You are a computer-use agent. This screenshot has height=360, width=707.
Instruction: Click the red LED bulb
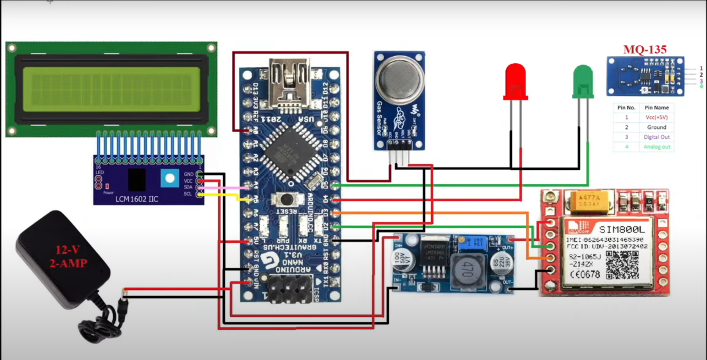click(515, 81)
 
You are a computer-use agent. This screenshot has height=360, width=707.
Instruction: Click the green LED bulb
click(583, 81)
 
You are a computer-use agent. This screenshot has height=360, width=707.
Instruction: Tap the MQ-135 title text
click(645, 49)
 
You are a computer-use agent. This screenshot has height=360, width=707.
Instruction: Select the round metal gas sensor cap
click(400, 80)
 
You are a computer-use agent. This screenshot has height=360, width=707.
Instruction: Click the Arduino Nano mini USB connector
click(289, 84)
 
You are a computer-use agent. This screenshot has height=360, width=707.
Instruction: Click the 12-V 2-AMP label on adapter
click(68, 256)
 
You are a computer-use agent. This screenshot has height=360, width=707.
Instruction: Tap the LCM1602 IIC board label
click(136, 199)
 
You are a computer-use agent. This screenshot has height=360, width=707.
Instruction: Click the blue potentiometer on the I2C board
click(170, 178)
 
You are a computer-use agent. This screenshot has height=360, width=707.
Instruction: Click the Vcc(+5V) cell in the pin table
click(656, 117)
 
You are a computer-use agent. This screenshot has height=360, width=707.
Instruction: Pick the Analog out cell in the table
click(656, 147)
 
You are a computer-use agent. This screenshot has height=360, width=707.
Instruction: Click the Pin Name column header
click(656, 108)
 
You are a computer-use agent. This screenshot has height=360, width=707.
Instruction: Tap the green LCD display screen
click(111, 89)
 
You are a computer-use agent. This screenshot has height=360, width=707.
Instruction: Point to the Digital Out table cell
click(656, 137)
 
